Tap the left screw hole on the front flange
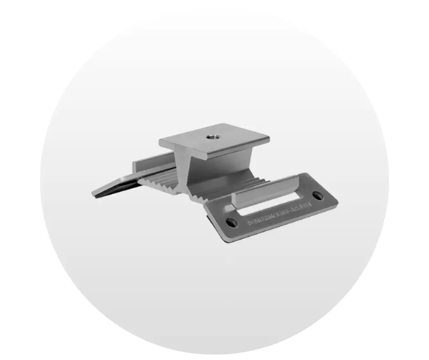click(x=232, y=222)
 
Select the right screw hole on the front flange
click(x=318, y=196)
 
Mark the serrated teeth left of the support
click(x=157, y=180)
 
